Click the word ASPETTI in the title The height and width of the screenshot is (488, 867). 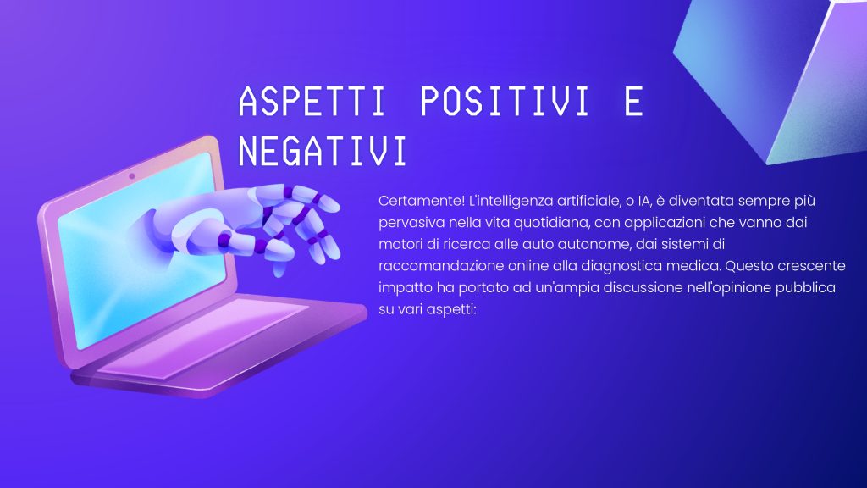(x=312, y=101)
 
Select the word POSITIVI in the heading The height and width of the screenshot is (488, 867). (x=505, y=101)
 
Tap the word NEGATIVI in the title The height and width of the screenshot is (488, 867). (x=323, y=150)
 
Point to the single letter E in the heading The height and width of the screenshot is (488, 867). (x=633, y=101)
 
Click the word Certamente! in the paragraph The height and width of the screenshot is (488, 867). (x=422, y=200)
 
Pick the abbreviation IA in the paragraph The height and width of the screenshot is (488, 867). (x=644, y=201)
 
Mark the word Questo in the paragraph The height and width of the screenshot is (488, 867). (x=749, y=265)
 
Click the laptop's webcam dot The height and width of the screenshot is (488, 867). (x=131, y=176)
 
